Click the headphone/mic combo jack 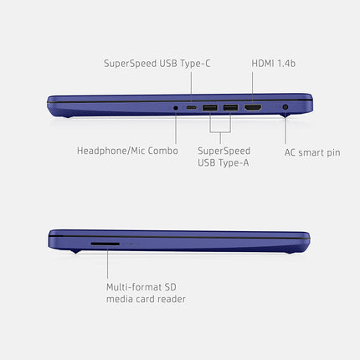[176, 108]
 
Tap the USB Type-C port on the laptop [191, 107]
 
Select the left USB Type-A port [210, 107]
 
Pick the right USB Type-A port [230, 107]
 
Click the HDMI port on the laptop [253, 107]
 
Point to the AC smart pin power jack [285, 106]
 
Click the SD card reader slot [105, 244]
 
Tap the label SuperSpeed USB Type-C [157, 64]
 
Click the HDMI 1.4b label [274, 64]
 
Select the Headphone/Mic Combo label [127, 151]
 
